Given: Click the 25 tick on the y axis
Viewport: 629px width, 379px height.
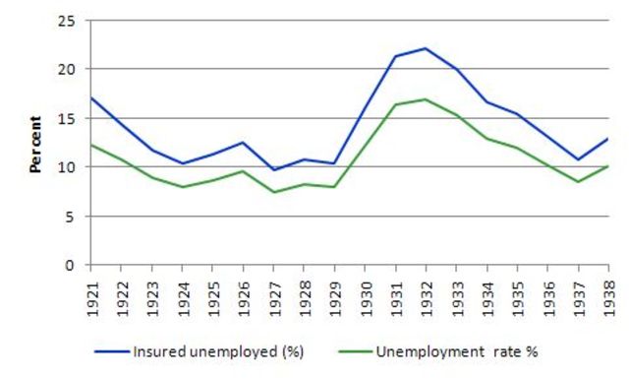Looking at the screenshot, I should pos(67,21).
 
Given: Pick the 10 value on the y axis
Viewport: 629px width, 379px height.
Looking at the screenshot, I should pos(67,167).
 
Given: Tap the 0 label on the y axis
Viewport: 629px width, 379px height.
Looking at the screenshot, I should pos(71,266).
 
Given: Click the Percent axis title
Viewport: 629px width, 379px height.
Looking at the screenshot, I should pos(35,144).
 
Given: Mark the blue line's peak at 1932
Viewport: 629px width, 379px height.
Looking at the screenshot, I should pos(425,48).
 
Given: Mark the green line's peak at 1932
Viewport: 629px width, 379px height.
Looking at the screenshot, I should pos(425,99).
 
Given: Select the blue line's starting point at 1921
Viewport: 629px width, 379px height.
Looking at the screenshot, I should pos(89,97).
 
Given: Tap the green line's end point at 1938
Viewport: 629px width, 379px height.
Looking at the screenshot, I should pos(607,166).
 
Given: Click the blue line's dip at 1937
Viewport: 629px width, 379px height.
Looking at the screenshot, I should pos(577,159).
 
